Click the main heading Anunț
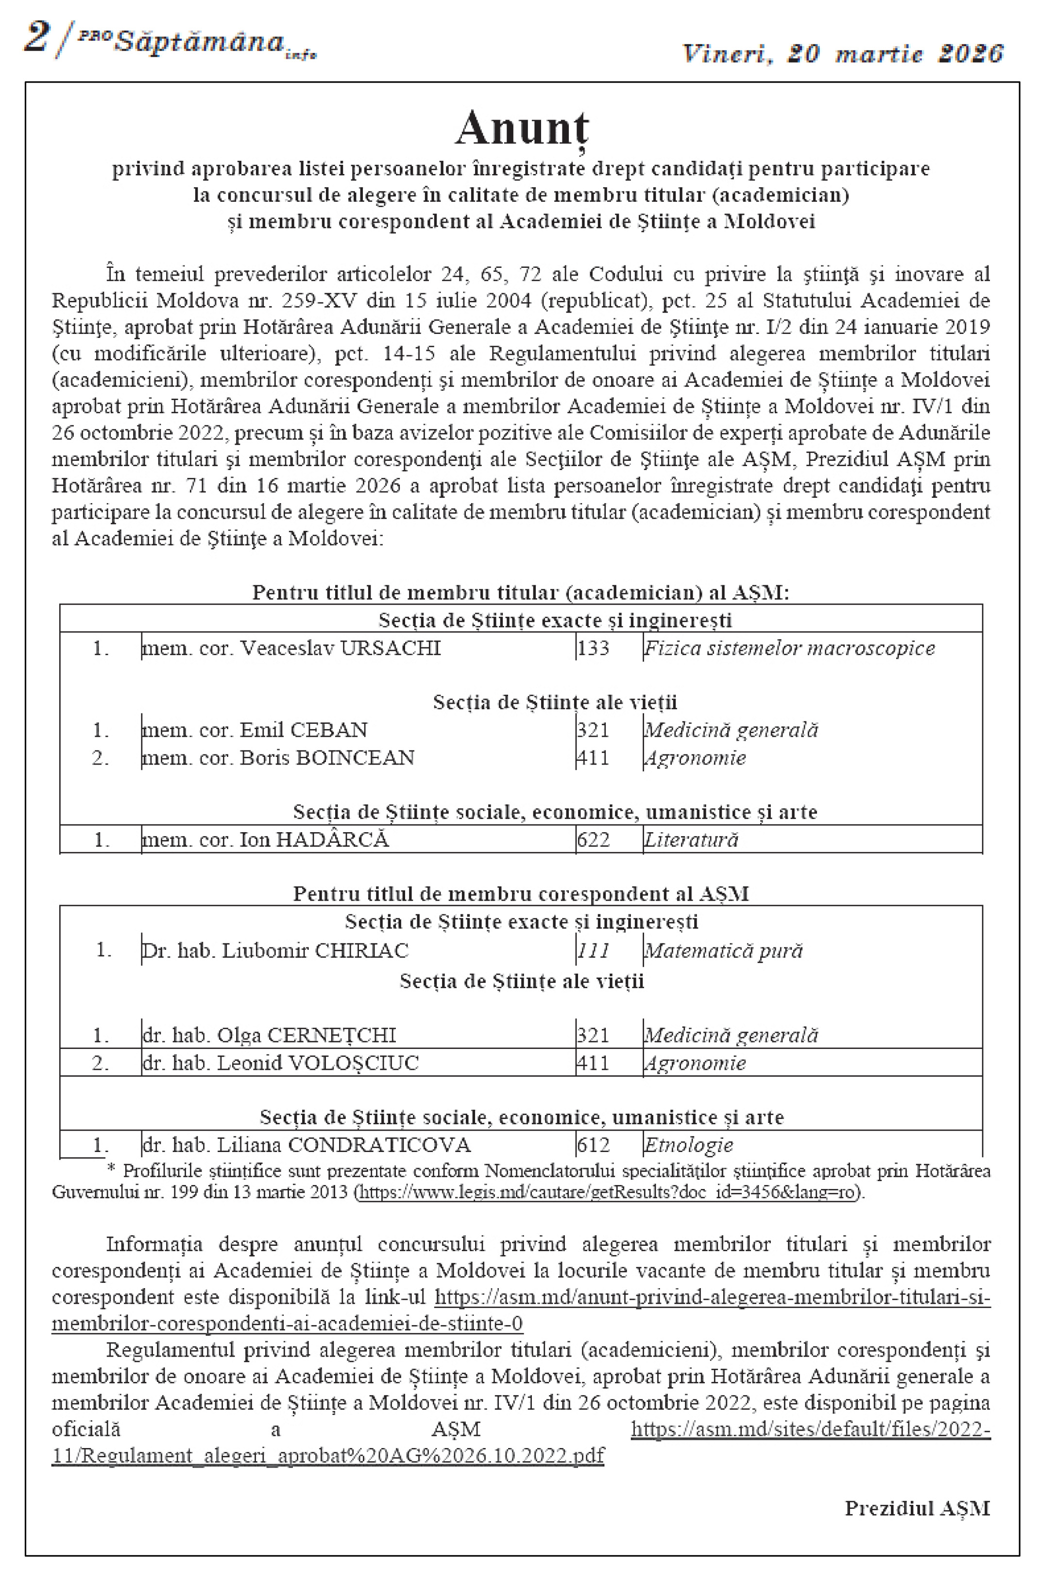click(522, 128)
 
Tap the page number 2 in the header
click(37, 37)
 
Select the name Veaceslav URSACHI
click(340, 648)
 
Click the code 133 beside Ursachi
click(593, 648)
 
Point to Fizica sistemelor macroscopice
click(789, 648)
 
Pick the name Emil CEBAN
click(304, 731)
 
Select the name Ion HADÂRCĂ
click(314, 840)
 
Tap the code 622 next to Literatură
click(593, 840)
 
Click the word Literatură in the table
click(691, 840)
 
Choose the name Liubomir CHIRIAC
click(315, 951)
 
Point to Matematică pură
click(723, 951)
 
